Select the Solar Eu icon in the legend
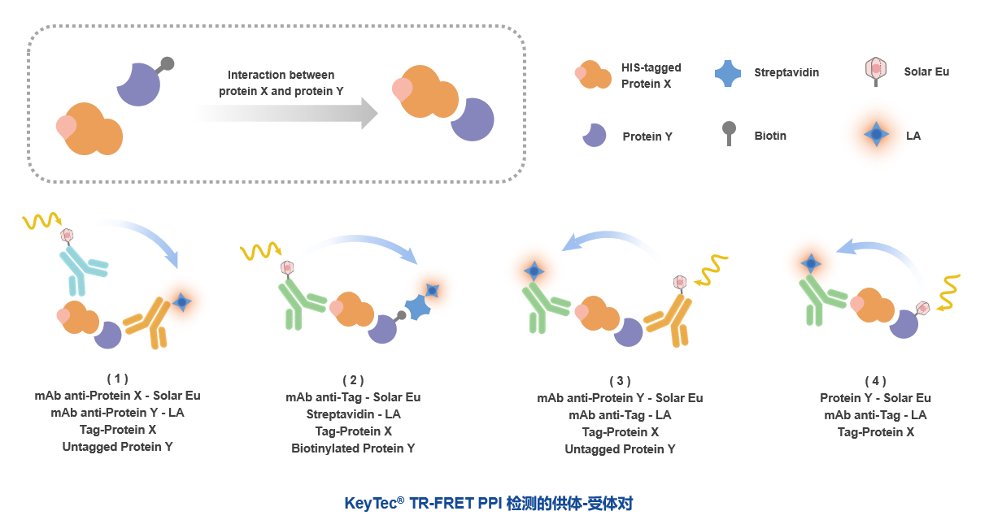pyautogui.click(x=876, y=72)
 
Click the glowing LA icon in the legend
pyautogui.click(x=875, y=135)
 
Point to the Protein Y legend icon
pyautogui.click(x=595, y=135)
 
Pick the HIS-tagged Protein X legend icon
pyautogui.click(x=593, y=76)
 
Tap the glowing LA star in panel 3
pyautogui.click(x=534, y=271)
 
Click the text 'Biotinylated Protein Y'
pyautogui.click(x=353, y=448)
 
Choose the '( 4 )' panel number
pyautogui.click(x=875, y=381)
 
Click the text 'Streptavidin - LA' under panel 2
pyautogui.click(x=353, y=414)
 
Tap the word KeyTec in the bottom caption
pyautogui.click(x=370, y=504)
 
